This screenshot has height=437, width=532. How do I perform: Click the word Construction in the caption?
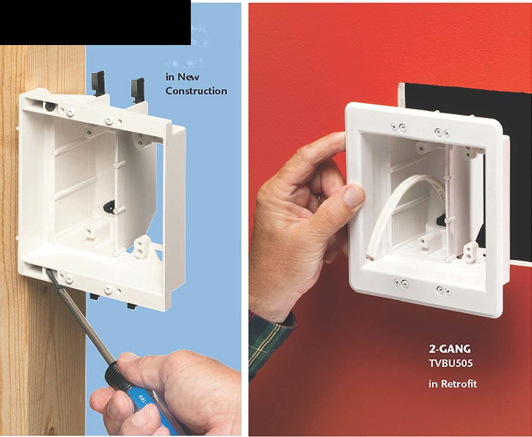click(x=196, y=91)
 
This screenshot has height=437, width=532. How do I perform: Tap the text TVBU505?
click(x=450, y=363)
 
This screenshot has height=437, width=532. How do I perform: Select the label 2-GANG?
click(x=449, y=349)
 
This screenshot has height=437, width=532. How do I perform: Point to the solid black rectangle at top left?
click(x=95, y=22)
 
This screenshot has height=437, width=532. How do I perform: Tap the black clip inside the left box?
click(x=111, y=206)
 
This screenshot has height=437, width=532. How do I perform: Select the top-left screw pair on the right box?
click(x=399, y=126)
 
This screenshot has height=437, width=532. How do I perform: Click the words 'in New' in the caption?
click(x=182, y=77)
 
